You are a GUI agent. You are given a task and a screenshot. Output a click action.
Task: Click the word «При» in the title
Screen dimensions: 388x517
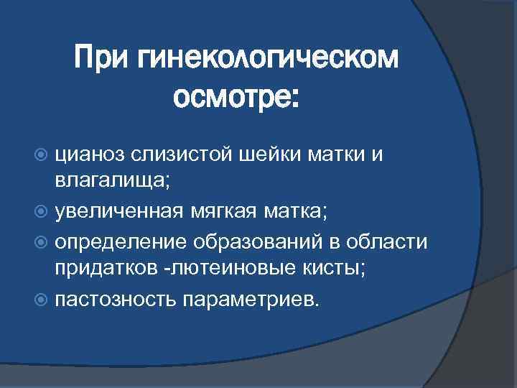tap(104, 58)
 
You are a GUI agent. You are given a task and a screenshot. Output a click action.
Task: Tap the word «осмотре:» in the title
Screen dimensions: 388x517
tap(236, 98)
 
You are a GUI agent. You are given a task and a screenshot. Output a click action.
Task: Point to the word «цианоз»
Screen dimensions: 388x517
tap(92, 152)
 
